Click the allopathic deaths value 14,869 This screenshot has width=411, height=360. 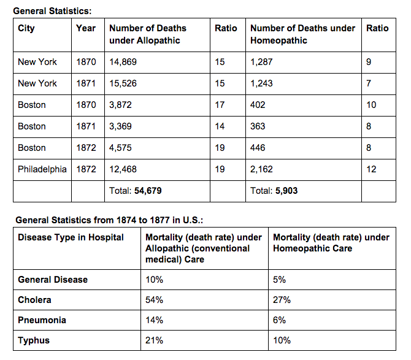[x=123, y=62]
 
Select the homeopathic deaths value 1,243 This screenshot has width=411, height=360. [x=261, y=83]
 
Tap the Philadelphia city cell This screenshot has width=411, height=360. [x=42, y=169]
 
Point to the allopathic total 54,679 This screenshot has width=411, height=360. [x=148, y=191]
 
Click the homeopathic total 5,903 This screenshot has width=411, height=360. [x=286, y=191]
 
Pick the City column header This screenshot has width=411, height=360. [x=26, y=28]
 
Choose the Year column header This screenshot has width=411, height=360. [x=86, y=28]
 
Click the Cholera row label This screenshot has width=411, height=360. [x=34, y=300]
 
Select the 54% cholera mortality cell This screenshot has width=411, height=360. [x=154, y=300]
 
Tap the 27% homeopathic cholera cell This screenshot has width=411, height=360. [x=282, y=300]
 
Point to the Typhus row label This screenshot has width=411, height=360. [x=34, y=340]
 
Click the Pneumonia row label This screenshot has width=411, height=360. [x=42, y=320]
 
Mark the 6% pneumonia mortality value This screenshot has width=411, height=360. [x=279, y=320]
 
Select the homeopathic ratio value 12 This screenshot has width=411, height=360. [x=371, y=169]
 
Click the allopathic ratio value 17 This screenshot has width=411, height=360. [x=220, y=105]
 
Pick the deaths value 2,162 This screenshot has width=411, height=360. [x=261, y=169]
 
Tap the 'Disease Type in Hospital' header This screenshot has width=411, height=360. [x=71, y=237]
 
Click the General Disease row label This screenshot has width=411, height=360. [x=53, y=280]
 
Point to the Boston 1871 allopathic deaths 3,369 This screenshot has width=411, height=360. [x=120, y=126]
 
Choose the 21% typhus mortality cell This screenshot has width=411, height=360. [x=154, y=340]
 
